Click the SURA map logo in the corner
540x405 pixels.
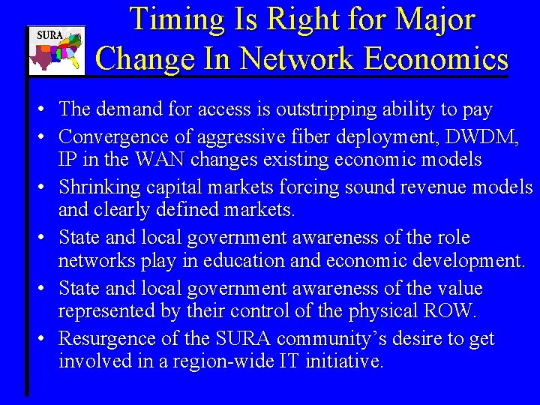click(56, 51)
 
